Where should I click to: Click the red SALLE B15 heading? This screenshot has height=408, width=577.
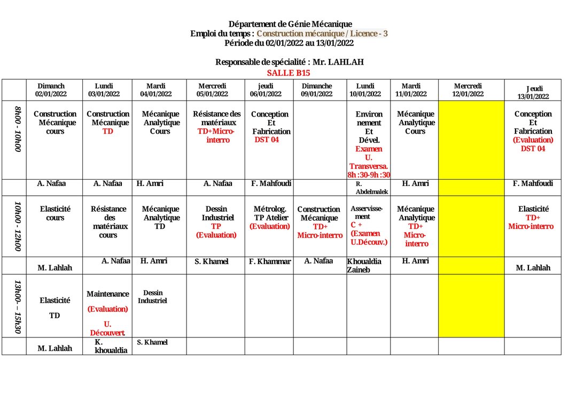click(x=288, y=73)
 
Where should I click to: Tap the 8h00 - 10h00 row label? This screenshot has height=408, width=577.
click(x=18, y=129)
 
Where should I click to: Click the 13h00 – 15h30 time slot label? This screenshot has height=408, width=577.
click(x=18, y=306)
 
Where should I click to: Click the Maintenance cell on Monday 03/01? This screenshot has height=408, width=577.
click(x=108, y=294)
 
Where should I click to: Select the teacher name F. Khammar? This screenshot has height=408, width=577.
click(x=270, y=261)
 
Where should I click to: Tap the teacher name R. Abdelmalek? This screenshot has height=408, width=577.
click(x=369, y=188)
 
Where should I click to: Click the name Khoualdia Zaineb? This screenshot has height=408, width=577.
click(x=364, y=266)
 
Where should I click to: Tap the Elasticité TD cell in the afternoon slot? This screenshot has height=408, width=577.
click(x=54, y=308)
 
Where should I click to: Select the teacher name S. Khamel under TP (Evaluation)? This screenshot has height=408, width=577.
click(x=211, y=261)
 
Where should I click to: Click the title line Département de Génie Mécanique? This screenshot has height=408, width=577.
click(x=290, y=24)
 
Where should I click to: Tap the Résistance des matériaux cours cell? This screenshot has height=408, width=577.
click(x=108, y=222)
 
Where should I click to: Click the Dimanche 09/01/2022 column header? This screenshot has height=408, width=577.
click(x=317, y=90)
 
